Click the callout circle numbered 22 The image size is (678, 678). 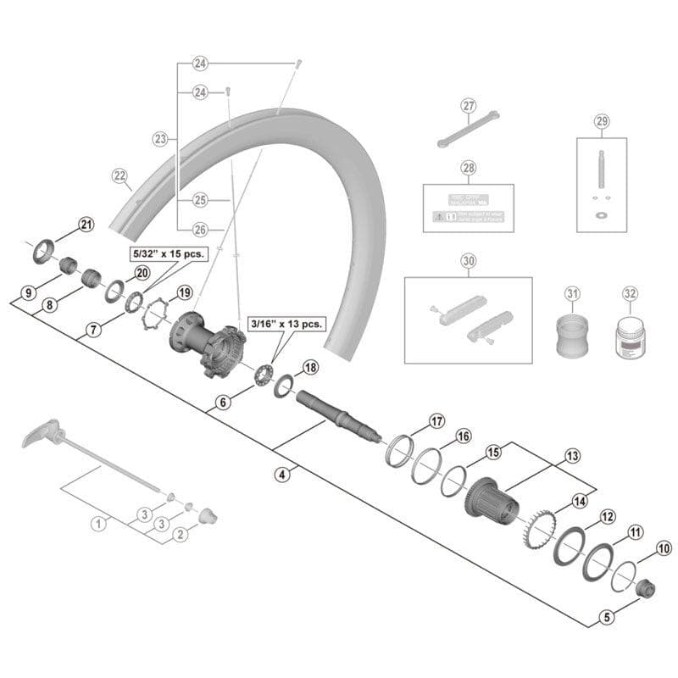[x=119, y=175]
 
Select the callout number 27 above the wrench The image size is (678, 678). [x=469, y=106]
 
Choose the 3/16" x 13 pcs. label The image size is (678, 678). [x=286, y=324]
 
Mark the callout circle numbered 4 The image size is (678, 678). [x=282, y=475]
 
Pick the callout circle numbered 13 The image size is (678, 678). [x=573, y=456]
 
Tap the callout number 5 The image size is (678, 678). [x=606, y=617]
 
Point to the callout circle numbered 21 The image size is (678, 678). [x=86, y=224]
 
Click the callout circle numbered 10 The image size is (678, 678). [x=663, y=548]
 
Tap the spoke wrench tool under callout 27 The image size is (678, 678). [x=467, y=129]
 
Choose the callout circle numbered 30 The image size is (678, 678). [x=469, y=261]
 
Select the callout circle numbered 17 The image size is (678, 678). [x=436, y=420]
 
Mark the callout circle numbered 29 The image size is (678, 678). [x=602, y=121]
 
